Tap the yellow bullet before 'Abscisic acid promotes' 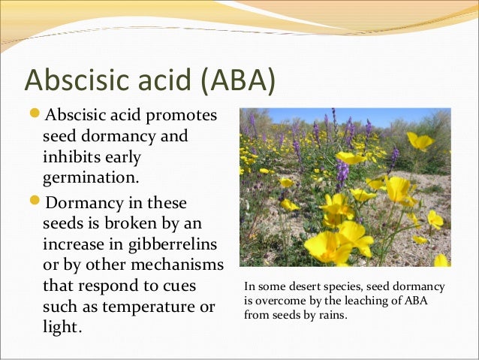pos(37,116)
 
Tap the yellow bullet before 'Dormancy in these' pos(37,203)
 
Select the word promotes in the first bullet pos(182,117)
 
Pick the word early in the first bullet pos(122,159)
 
